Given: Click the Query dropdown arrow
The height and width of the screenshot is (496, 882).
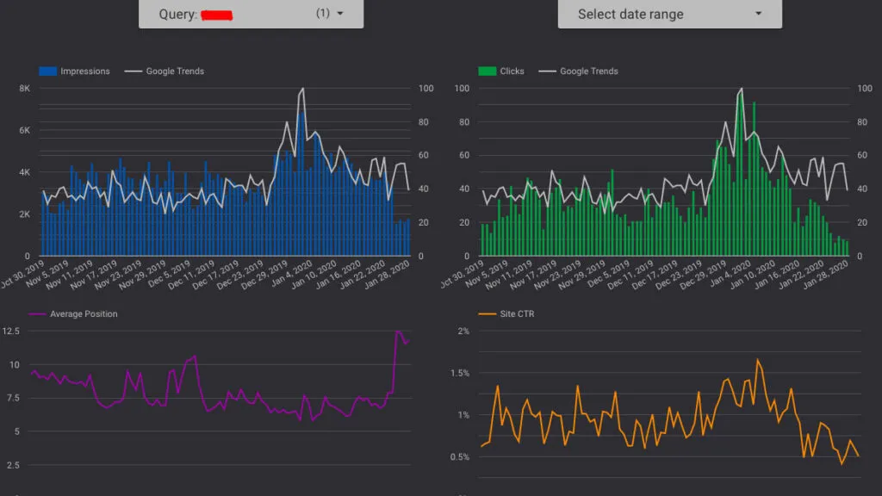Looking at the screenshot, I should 340,14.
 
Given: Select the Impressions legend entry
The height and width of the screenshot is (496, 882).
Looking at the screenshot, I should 75,71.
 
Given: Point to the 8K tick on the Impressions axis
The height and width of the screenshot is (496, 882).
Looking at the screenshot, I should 25,89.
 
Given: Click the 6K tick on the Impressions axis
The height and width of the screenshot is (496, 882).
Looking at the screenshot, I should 25,130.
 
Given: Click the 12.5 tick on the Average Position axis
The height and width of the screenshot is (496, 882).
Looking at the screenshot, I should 13,332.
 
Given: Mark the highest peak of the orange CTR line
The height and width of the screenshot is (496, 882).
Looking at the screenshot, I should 758,360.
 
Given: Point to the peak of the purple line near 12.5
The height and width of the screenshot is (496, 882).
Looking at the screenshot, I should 398,332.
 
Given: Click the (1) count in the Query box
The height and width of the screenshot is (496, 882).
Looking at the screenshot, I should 323,14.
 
